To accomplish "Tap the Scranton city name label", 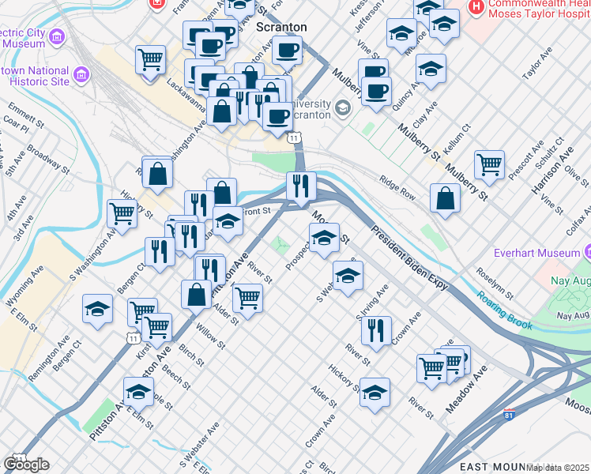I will (282, 27).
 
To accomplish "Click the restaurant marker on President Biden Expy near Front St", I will (300, 186).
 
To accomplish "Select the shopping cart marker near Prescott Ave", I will (489, 165).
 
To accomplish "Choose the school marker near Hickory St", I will (375, 391).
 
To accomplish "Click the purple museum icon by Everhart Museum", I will (589, 254).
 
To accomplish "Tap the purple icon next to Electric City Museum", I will (56, 37).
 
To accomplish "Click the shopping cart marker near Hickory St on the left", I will (122, 212).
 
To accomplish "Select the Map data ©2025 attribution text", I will (558, 468).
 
